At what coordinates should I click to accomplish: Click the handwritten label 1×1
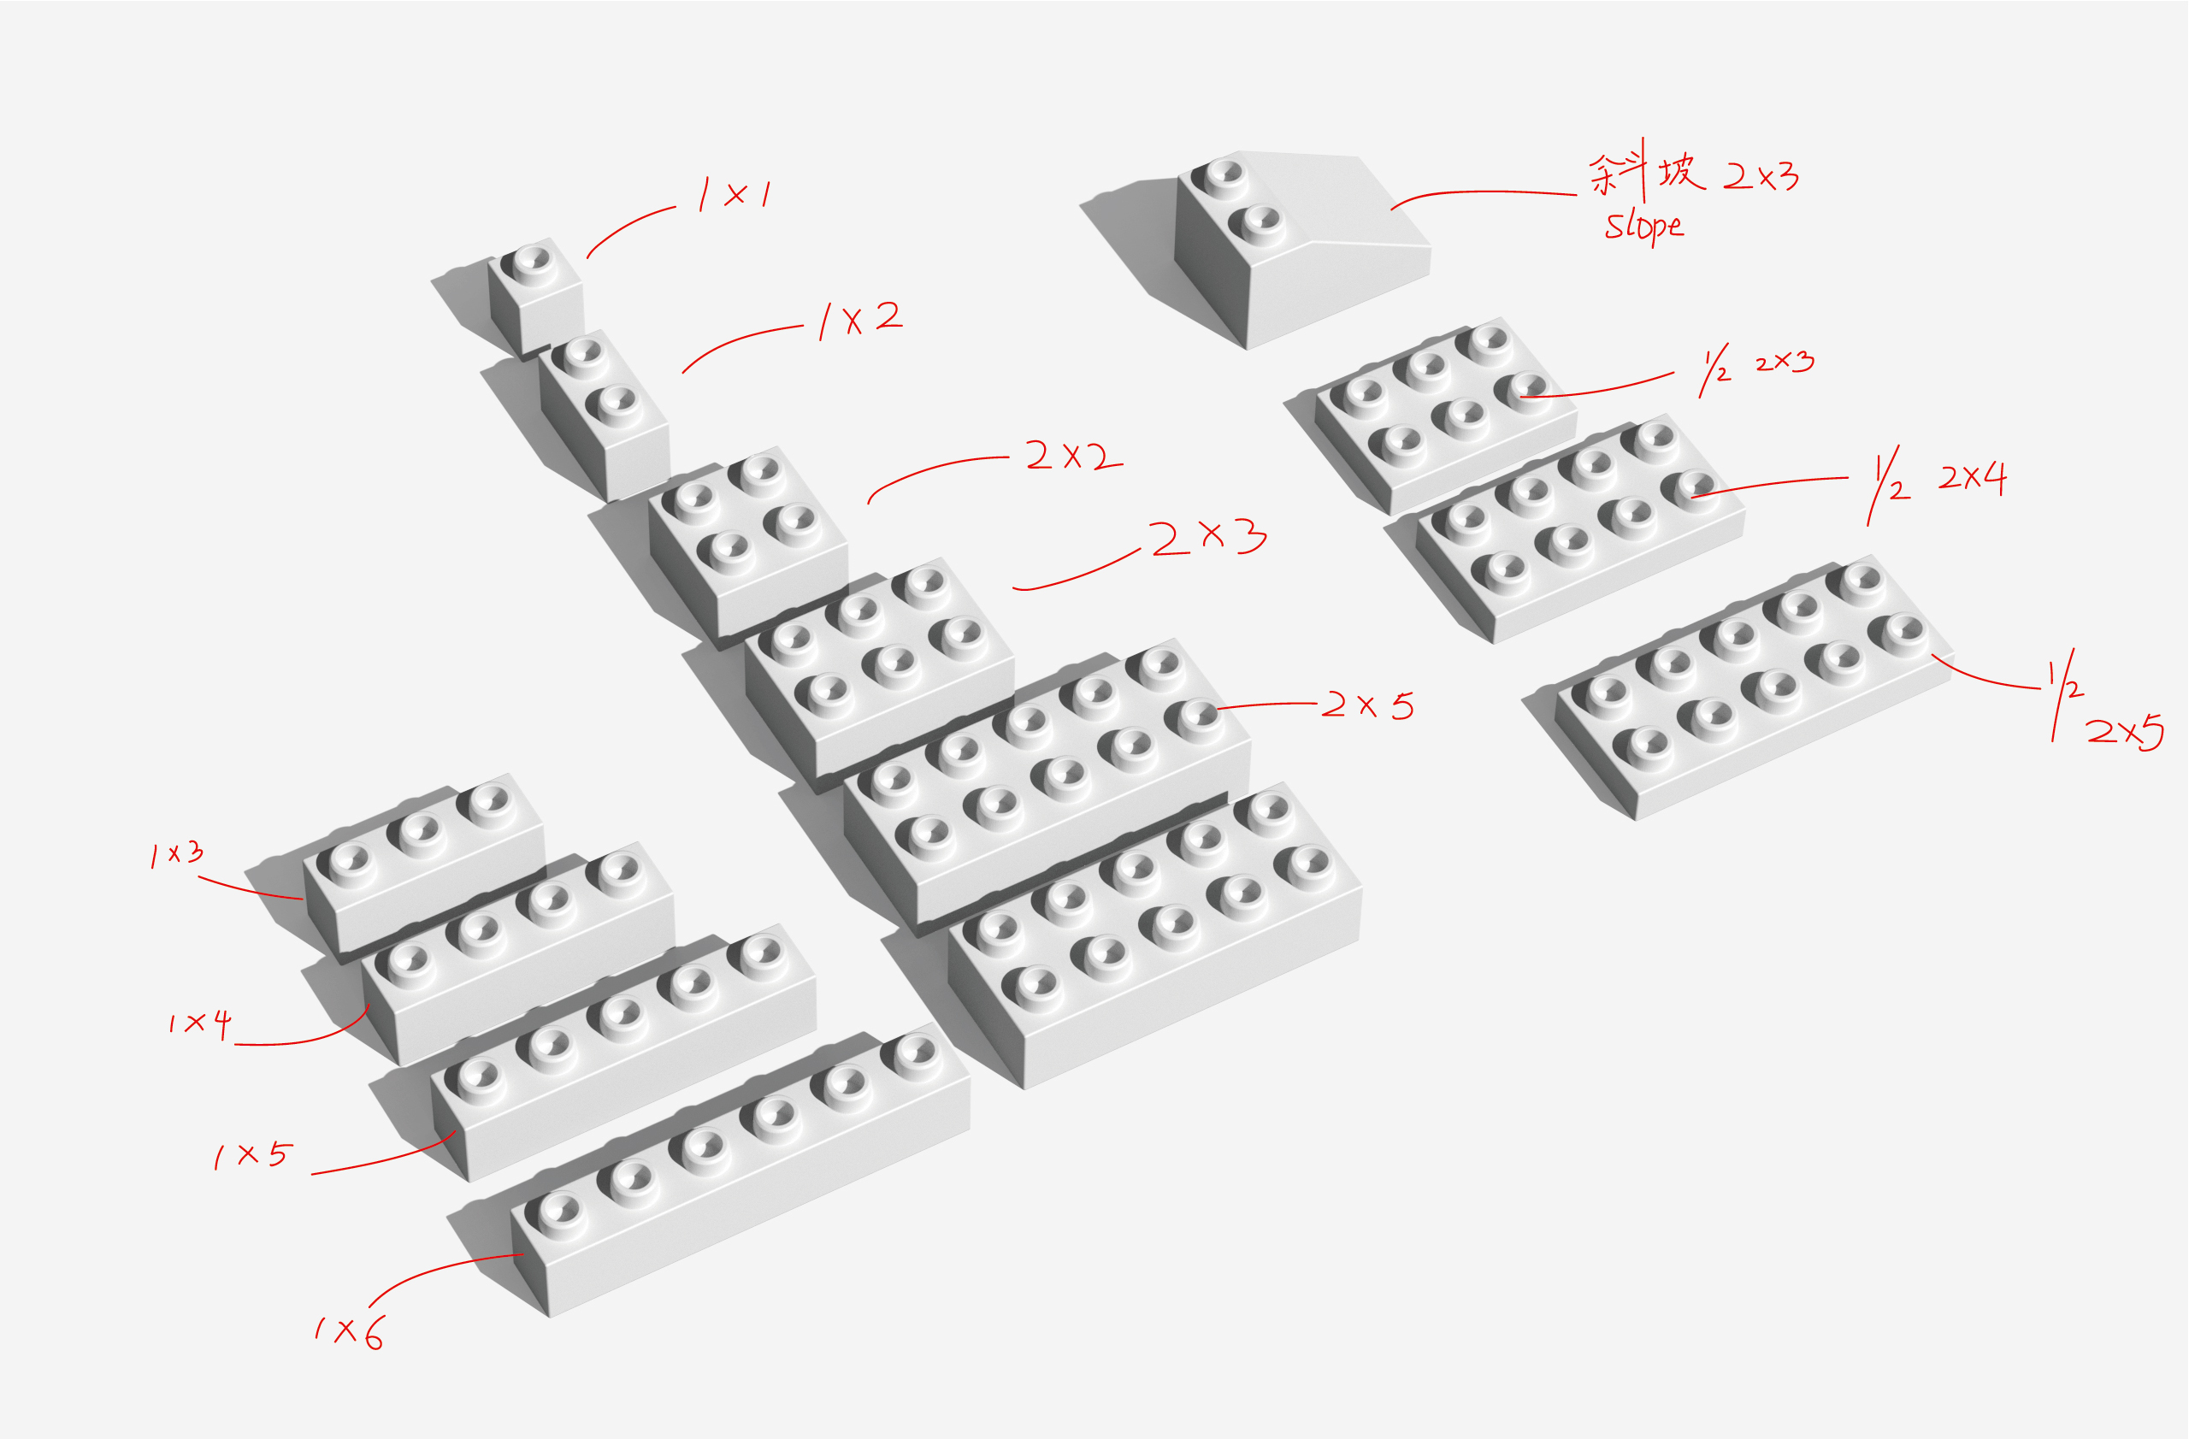pos(735,194)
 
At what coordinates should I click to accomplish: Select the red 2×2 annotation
pos(1072,456)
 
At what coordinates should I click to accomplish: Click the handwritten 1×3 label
pos(177,854)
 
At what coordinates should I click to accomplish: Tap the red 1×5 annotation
pos(252,1155)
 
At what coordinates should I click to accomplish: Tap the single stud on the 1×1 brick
pos(531,259)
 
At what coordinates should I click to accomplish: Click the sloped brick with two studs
pos(1288,257)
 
